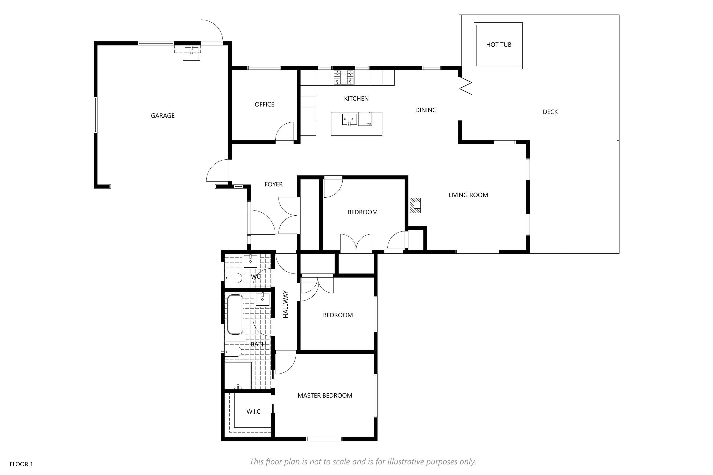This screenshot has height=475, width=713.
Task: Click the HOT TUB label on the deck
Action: pos(499,45)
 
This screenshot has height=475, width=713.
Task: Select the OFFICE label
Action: pos(264,104)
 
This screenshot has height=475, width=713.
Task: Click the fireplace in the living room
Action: pos(415,205)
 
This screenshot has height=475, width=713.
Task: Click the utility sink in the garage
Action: pos(192,53)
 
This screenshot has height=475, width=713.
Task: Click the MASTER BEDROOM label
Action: pos(325,395)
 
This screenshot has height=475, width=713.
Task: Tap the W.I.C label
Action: pos(253,411)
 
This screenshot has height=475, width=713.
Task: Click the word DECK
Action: pos(550,112)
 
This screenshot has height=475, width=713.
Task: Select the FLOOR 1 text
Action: pos(21,464)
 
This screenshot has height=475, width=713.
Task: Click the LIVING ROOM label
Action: pos(468,195)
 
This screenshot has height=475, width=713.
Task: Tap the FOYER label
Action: pos(274,184)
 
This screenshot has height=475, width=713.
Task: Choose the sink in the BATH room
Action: pos(262,300)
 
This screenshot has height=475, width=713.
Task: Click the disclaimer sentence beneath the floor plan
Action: pos(363,462)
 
